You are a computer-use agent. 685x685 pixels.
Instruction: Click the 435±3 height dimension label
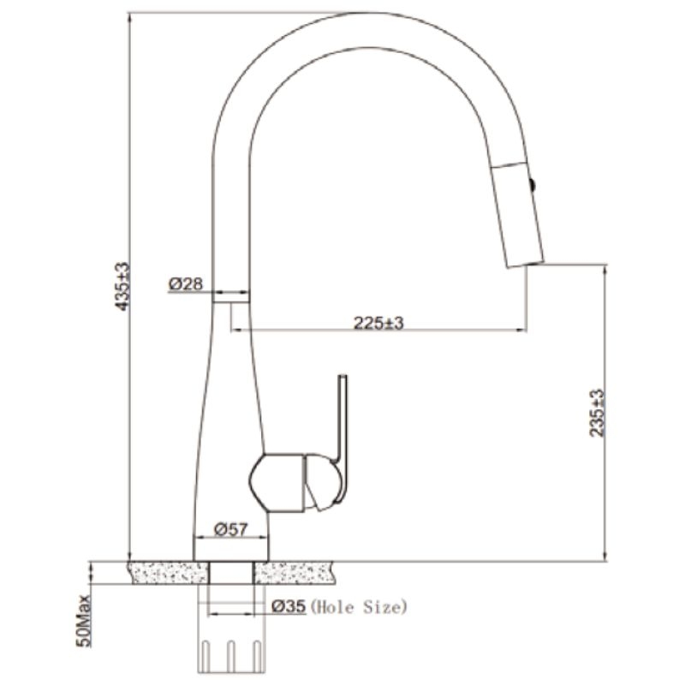[122, 286]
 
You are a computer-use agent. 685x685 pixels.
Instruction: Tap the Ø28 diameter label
[186, 284]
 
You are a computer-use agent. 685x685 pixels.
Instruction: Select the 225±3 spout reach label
[378, 324]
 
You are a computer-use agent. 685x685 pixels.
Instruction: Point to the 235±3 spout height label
[596, 413]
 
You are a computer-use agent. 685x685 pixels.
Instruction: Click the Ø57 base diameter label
[230, 529]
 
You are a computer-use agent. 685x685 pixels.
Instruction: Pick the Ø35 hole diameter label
[289, 606]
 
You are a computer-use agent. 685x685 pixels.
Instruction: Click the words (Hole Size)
[358, 607]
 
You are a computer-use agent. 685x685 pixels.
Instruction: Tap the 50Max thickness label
[83, 621]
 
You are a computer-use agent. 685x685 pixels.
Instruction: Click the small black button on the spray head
[533, 184]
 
